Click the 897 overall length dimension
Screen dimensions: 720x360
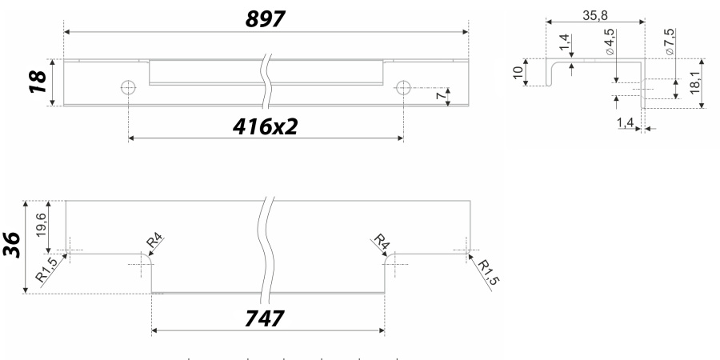pos(266,19)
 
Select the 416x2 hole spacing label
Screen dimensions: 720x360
pos(265,126)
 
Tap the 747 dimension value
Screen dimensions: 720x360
pos(265,318)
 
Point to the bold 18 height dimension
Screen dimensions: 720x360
pos(38,82)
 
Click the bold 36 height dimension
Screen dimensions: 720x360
pos(12,245)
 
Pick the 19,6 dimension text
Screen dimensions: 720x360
pos(41,225)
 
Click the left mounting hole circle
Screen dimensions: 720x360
pos(128,86)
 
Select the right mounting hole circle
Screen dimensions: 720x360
pos(403,87)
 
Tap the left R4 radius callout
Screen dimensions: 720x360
pos(154,241)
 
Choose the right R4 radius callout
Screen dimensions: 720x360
pos(382,241)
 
